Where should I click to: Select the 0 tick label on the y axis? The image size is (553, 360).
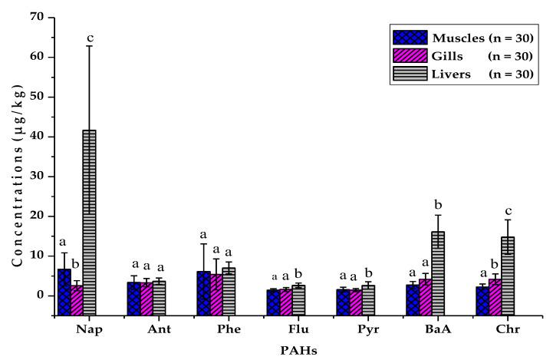[39, 296]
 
